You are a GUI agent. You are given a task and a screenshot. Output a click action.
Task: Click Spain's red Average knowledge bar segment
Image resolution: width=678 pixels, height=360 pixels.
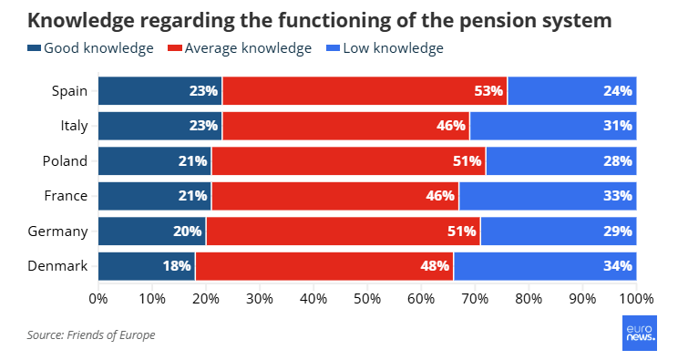click(x=365, y=91)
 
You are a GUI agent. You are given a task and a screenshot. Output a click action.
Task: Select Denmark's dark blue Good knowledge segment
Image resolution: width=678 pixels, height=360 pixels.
click(x=147, y=266)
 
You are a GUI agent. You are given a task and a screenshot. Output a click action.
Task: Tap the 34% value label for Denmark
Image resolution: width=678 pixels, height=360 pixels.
click(x=618, y=266)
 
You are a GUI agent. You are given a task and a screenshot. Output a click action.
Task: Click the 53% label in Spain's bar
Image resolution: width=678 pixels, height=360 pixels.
click(x=488, y=91)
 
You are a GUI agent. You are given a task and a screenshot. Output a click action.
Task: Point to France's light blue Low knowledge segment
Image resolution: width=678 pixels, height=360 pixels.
click(x=548, y=196)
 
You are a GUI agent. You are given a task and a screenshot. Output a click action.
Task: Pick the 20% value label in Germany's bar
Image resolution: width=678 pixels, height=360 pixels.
click(x=187, y=231)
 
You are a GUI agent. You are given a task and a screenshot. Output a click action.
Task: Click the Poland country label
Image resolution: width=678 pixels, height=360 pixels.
click(x=65, y=161)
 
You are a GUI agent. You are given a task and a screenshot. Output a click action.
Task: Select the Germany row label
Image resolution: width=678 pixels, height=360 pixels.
click(x=57, y=231)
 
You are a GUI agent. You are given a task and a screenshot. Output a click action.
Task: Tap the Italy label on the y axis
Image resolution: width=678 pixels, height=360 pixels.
click(x=74, y=126)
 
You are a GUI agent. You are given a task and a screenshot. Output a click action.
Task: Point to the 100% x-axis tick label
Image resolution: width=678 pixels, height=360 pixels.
click(x=636, y=299)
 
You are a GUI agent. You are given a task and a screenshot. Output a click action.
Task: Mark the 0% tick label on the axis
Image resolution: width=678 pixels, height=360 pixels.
click(x=98, y=299)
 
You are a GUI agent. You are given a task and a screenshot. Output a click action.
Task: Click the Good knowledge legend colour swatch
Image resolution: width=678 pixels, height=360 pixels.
click(x=34, y=48)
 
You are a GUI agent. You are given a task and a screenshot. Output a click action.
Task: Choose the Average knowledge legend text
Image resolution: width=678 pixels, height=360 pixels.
click(x=248, y=48)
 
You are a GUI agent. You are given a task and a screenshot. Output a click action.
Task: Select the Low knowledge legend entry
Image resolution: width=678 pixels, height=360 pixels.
click(x=385, y=48)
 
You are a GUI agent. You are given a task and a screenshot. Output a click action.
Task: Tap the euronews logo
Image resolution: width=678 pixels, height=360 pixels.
click(x=640, y=333)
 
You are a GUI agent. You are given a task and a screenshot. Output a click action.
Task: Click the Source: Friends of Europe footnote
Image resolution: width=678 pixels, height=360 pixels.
click(x=91, y=334)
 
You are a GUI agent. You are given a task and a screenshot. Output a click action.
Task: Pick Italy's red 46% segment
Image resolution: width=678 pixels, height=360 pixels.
click(x=346, y=126)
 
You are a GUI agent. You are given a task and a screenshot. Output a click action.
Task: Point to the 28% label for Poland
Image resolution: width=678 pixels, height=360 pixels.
click(x=618, y=161)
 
